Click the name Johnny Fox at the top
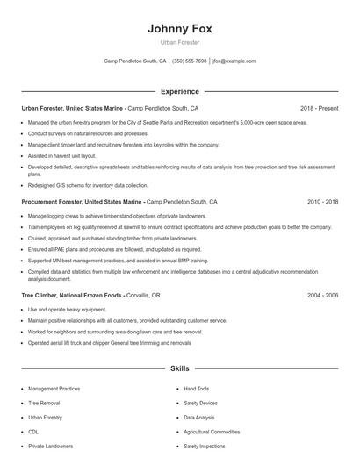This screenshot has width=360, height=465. (x=180, y=28)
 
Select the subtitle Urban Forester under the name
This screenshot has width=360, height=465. (x=180, y=42)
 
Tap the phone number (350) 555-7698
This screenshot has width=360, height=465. (x=190, y=61)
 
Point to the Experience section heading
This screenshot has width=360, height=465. (x=180, y=91)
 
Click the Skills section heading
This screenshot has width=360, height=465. (x=180, y=369)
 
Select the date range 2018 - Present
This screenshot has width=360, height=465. (x=319, y=108)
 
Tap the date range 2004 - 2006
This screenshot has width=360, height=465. (x=322, y=296)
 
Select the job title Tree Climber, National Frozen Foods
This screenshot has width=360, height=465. (x=73, y=296)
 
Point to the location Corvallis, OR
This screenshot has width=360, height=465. (x=144, y=296)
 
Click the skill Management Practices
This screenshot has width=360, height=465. (x=54, y=388)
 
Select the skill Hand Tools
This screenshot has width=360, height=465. (x=197, y=388)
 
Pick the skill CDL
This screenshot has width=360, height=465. (x=33, y=432)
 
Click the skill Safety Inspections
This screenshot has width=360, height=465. (x=204, y=447)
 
